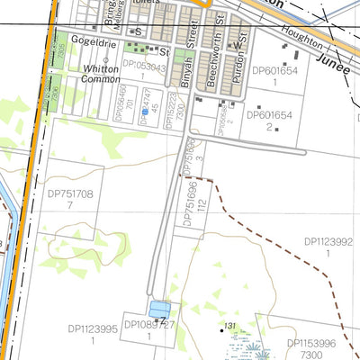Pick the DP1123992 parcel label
328,241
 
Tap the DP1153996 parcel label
311,343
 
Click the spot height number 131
230,326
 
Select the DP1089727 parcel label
149,324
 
